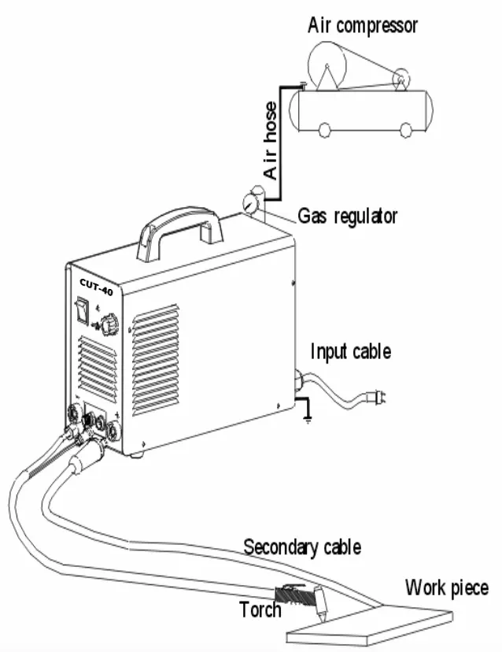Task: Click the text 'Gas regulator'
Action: [x=347, y=216]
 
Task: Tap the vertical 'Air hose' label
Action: [x=271, y=141]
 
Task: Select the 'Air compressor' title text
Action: [x=362, y=25]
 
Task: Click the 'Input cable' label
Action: [x=350, y=351]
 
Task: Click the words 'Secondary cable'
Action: [x=302, y=546]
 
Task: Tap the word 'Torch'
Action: [x=260, y=609]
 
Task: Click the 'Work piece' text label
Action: [x=446, y=587]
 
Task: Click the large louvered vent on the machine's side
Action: [x=155, y=358]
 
